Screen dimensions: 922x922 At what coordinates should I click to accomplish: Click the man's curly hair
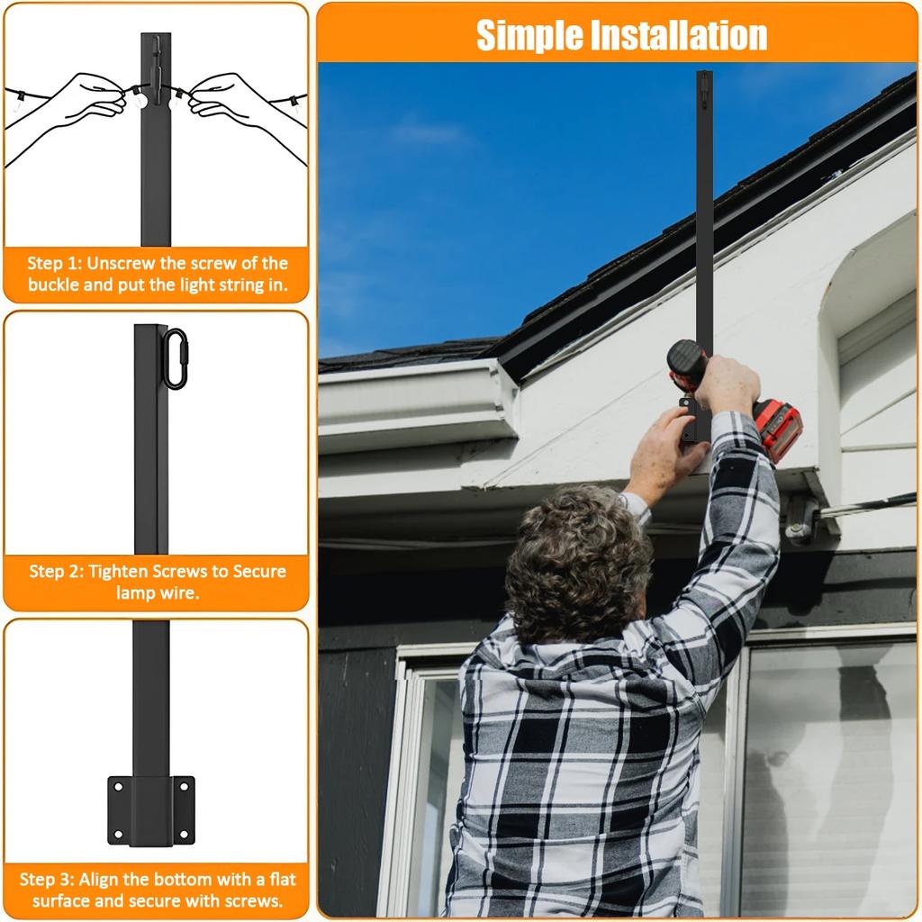[x=576, y=558]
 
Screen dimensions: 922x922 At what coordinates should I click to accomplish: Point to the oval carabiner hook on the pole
[x=175, y=358]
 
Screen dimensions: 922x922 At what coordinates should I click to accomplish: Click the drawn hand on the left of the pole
[x=86, y=99]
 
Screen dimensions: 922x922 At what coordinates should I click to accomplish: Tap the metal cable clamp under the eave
[x=800, y=522]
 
